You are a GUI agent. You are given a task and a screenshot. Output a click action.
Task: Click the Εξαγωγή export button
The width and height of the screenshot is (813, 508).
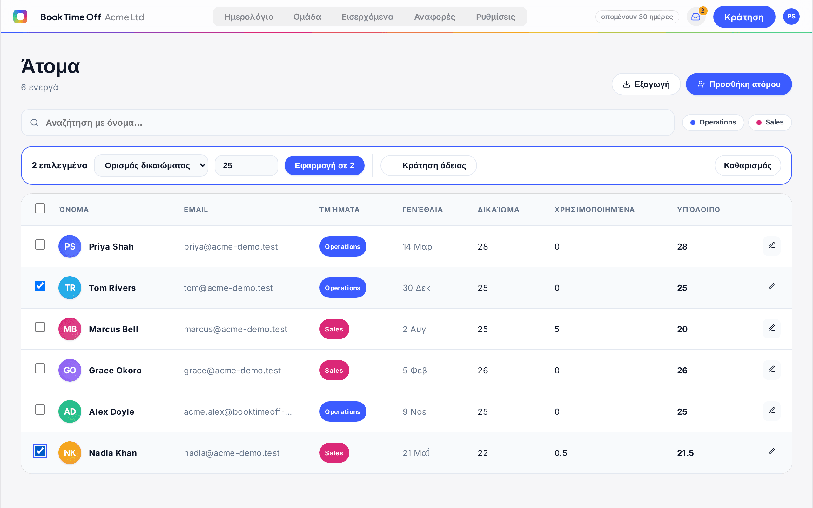click(646, 84)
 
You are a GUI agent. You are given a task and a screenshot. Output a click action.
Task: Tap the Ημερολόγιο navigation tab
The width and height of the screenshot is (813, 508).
click(249, 17)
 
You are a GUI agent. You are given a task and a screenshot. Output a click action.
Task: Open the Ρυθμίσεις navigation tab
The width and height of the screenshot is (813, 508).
click(495, 17)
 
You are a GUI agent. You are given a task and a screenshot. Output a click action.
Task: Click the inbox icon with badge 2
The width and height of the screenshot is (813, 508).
click(696, 17)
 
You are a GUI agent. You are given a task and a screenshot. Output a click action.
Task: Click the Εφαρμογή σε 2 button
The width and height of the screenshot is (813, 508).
click(324, 165)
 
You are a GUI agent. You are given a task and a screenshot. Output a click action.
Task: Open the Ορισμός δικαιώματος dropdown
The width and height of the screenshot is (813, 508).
click(151, 165)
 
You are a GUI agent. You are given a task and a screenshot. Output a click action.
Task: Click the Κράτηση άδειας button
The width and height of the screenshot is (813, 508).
click(428, 165)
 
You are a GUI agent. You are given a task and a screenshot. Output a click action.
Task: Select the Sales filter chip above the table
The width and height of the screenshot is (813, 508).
click(770, 122)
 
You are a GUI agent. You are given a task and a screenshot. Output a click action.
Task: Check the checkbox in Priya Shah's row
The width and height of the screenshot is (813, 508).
click(40, 244)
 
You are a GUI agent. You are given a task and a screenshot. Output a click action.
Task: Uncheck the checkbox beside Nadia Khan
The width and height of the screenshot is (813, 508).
click(40, 451)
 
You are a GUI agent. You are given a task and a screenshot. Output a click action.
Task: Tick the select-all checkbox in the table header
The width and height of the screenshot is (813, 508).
click(40, 208)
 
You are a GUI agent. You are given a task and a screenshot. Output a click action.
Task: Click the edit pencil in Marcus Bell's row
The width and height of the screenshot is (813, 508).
click(772, 328)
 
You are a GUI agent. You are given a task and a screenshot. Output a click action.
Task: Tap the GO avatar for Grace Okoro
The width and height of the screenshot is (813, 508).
click(70, 370)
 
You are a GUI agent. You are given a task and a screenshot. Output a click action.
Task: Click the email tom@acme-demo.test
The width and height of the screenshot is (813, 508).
click(228, 288)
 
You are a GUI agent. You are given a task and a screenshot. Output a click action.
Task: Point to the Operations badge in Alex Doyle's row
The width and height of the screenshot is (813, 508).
click(343, 411)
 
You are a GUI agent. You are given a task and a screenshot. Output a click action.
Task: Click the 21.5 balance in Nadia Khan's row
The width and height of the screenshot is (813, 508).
click(685, 453)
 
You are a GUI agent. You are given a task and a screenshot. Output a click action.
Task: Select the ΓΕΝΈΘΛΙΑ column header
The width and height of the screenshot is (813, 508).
click(423, 210)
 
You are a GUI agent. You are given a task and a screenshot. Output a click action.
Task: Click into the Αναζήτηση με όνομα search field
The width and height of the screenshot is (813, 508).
click(347, 123)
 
